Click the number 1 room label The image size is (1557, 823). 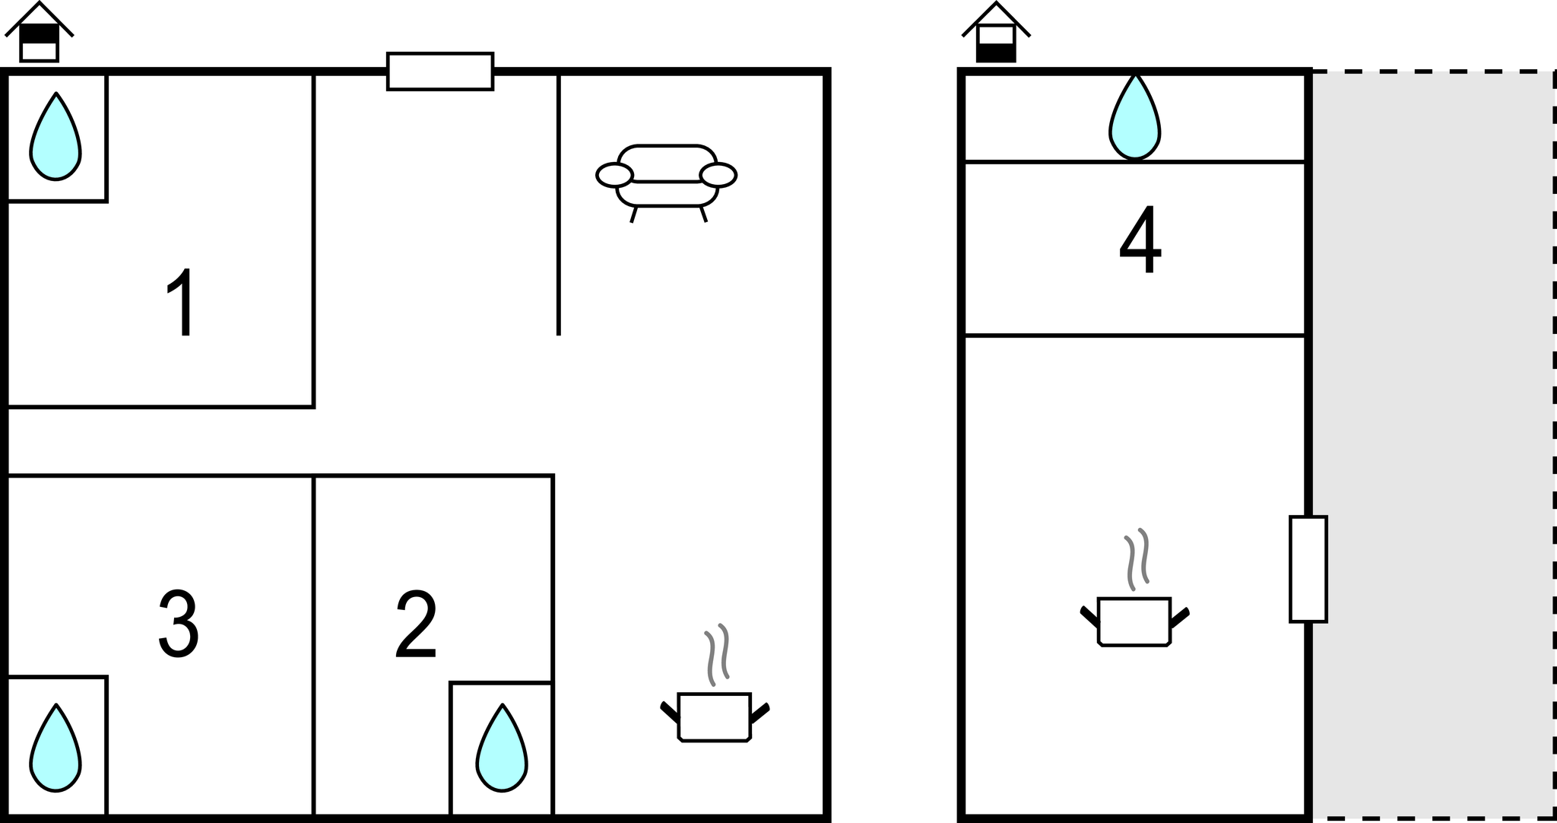[x=181, y=302]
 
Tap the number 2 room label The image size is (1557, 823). [x=417, y=624]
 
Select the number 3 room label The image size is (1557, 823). [x=179, y=624]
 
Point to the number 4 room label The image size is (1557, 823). [x=1140, y=240]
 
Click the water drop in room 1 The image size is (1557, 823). [x=55, y=137]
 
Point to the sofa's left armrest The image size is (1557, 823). [x=614, y=175]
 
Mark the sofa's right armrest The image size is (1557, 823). [x=718, y=175]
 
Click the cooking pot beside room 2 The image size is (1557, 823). [x=715, y=717]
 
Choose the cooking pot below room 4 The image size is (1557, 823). [x=1134, y=622]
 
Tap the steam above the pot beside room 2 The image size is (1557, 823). [x=717, y=654]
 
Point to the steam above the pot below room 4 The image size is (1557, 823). [x=1137, y=559]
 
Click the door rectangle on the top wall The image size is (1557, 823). [x=440, y=71]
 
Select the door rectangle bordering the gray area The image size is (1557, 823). [x=1308, y=569]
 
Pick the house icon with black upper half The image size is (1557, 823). [x=39, y=32]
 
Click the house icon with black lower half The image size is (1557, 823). [x=996, y=32]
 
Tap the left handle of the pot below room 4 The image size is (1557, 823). [x=1089, y=615]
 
